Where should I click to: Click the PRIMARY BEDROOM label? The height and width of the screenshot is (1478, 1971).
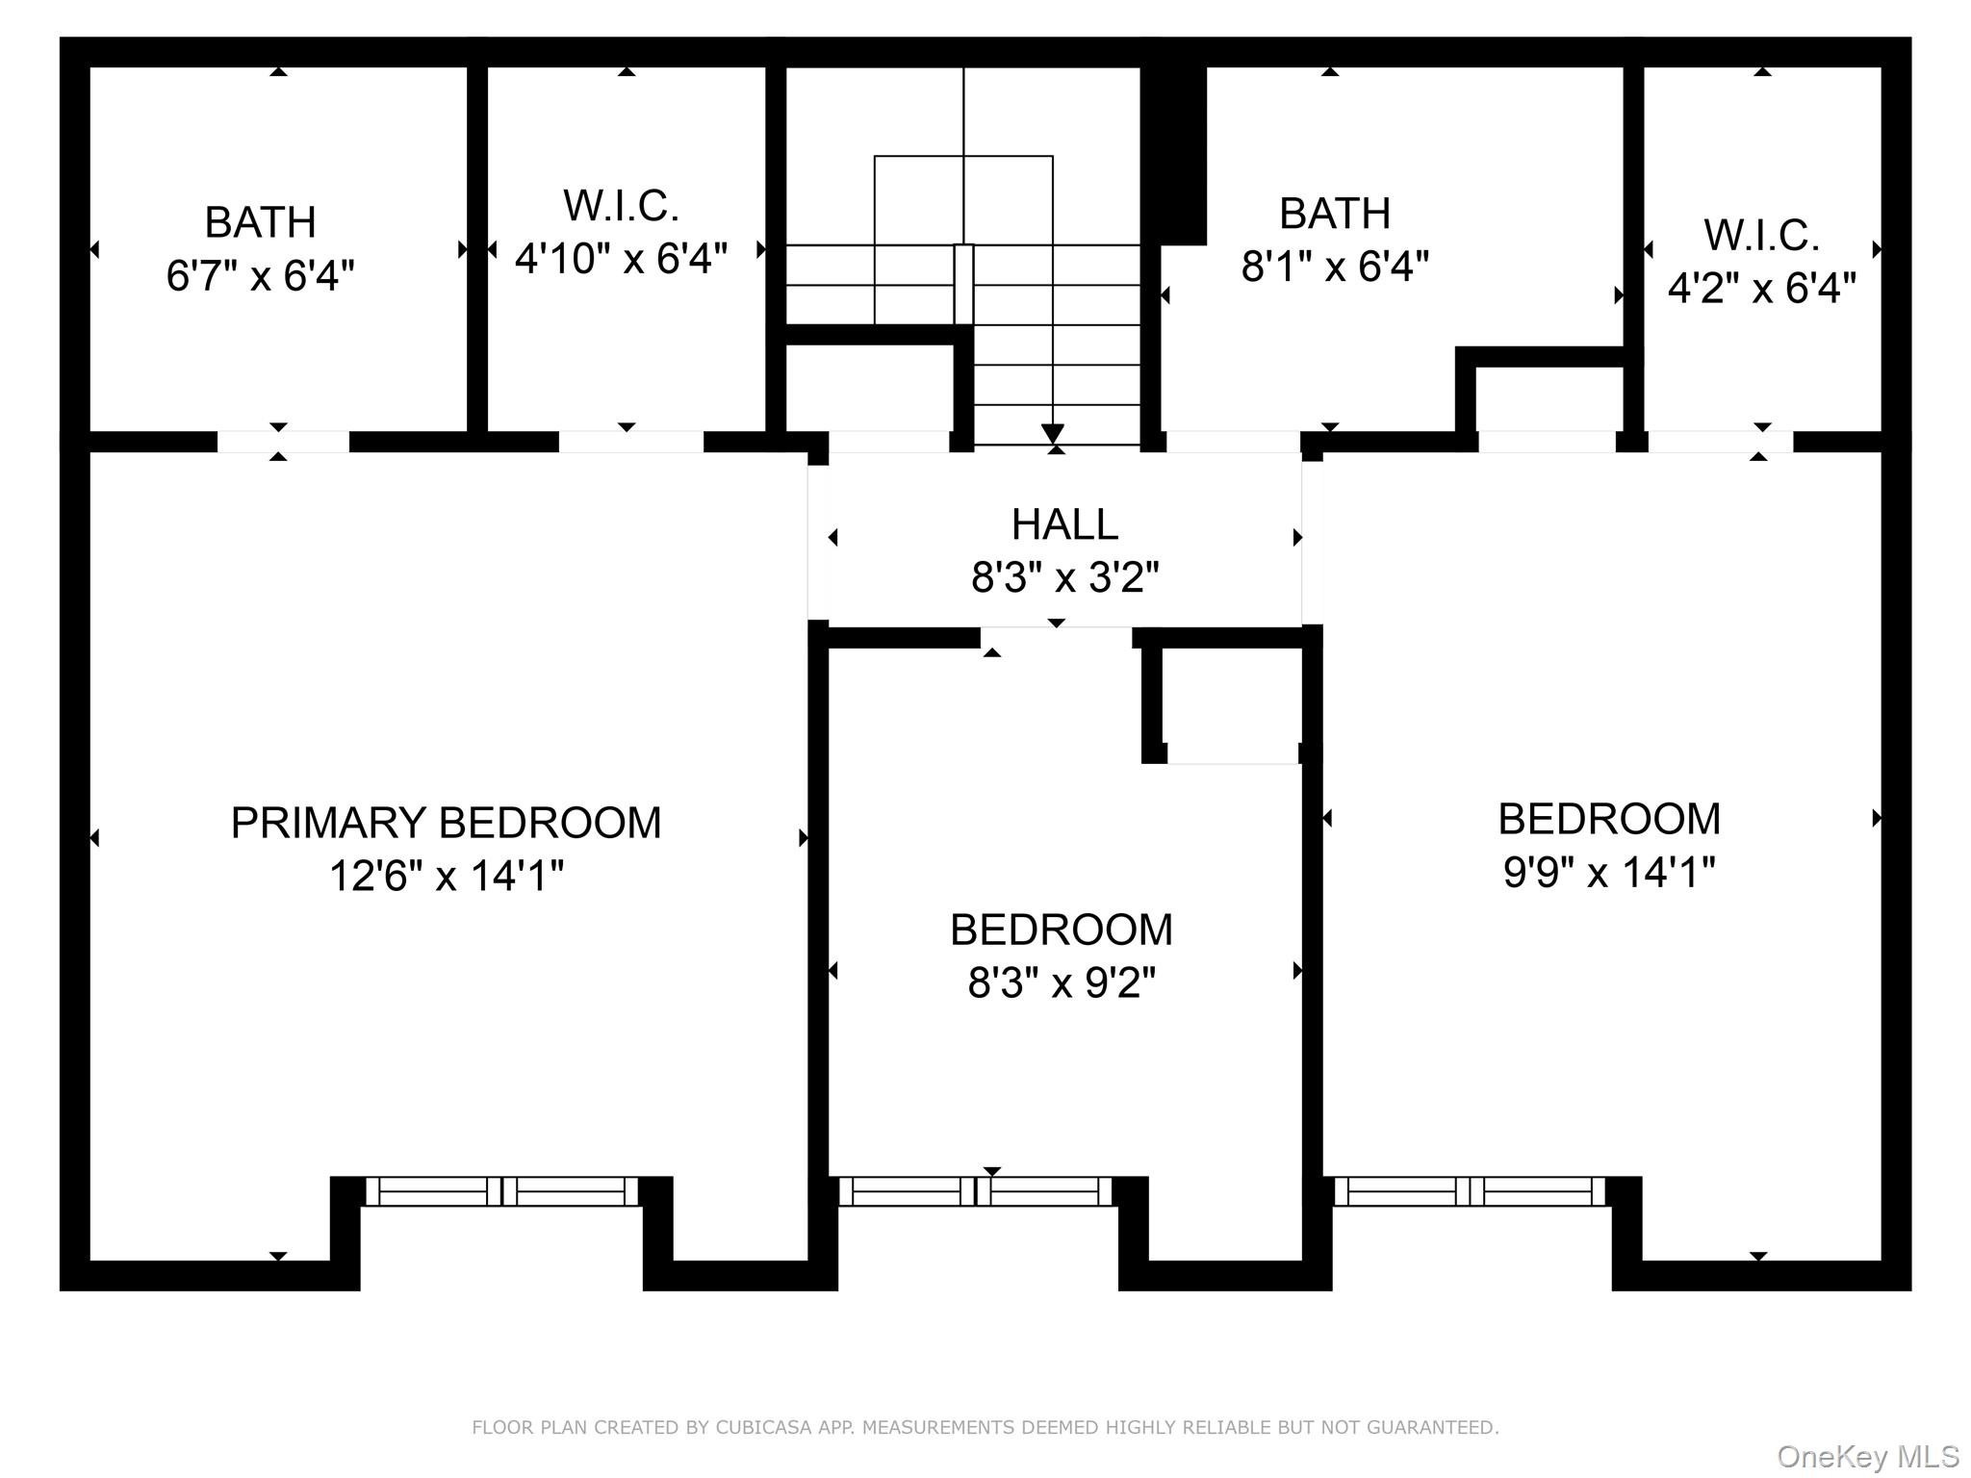[x=446, y=823]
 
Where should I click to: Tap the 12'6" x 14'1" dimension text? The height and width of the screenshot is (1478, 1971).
[x=446, y=877]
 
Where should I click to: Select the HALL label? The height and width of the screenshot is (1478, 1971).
[x=1064, y=524]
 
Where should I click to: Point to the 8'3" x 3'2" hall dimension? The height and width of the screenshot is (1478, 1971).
[x=1064, y=578]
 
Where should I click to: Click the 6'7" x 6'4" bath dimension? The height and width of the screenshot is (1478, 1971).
[x=260, y=276]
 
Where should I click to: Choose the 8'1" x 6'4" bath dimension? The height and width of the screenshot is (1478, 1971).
[x=1334, y=267]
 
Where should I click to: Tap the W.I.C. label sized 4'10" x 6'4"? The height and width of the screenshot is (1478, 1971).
[x=621, y=206]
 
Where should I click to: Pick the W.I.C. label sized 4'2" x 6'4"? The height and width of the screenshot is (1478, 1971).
[x=1761, y=236]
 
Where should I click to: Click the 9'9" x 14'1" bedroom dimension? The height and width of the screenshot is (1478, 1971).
[x=1608, y=873]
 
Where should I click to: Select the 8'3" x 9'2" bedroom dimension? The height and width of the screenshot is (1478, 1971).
[x=1061, y=983]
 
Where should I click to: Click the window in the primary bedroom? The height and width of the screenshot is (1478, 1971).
[x=501, y=1191]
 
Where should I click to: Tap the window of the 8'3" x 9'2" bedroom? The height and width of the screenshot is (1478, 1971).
[x=975, y=1191]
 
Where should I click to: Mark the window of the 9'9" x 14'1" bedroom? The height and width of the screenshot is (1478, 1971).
[x=1469, y=1191]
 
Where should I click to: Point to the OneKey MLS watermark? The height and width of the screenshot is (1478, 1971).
[x=1867, y=1457]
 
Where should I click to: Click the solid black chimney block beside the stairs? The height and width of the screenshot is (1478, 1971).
[x=1174, y=154]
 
